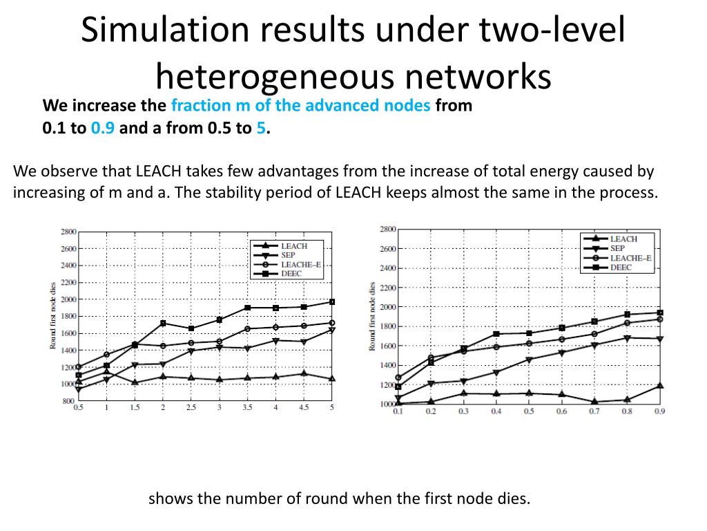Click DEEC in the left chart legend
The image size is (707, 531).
click(291, 274)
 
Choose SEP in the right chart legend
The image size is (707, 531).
click(617, 248)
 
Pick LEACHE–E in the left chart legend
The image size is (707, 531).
click(298, 264)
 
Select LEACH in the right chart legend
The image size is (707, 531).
click(623, 239)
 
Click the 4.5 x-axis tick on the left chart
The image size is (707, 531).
click(303, 407)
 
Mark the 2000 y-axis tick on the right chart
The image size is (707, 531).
click(388, 306)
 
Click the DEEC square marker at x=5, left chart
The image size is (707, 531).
click(331, 301)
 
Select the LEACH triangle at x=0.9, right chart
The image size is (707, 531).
click(659, 385)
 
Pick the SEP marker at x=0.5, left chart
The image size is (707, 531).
click(78, 389)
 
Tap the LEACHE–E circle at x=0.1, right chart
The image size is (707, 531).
click(398, 378)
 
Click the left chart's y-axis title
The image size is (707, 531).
click(53, 317)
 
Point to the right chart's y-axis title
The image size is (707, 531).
click(372, 317)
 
